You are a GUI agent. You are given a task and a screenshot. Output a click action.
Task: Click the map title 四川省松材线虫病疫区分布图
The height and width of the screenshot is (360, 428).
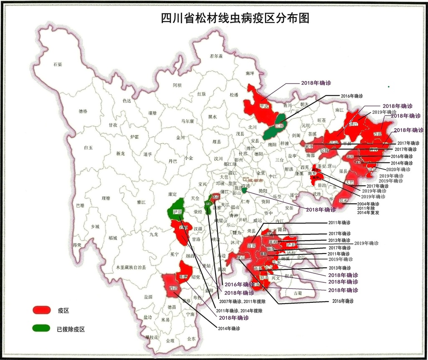[x=235, y=19]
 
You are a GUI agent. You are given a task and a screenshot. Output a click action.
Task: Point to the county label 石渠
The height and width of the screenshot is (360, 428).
[x=58, y=65]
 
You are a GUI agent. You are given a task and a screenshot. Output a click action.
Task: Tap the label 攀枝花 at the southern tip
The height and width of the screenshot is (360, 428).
[x=151, y=337]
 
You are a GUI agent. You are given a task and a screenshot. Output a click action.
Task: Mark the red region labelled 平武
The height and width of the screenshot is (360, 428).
[x=263, y=107]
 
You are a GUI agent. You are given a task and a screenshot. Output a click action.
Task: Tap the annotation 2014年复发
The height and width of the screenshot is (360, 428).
[x=368, y=213]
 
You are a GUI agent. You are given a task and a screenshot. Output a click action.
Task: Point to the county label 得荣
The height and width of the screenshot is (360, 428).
[x=76, y=245]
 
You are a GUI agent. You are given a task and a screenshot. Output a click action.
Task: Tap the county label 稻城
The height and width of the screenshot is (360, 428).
[x=112, y=238]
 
